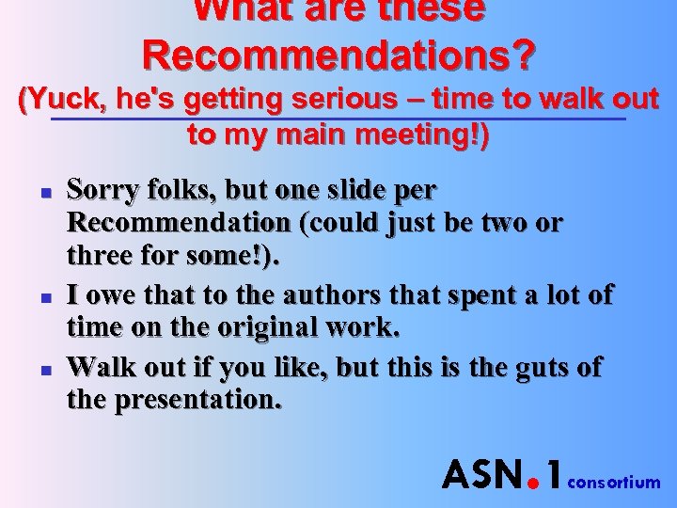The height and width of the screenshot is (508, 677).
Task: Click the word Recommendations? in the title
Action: (x=339, y=56)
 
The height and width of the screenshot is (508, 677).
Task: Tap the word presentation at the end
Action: (x=197, y=400)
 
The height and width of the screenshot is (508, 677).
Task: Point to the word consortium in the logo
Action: (x=615, y=483)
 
